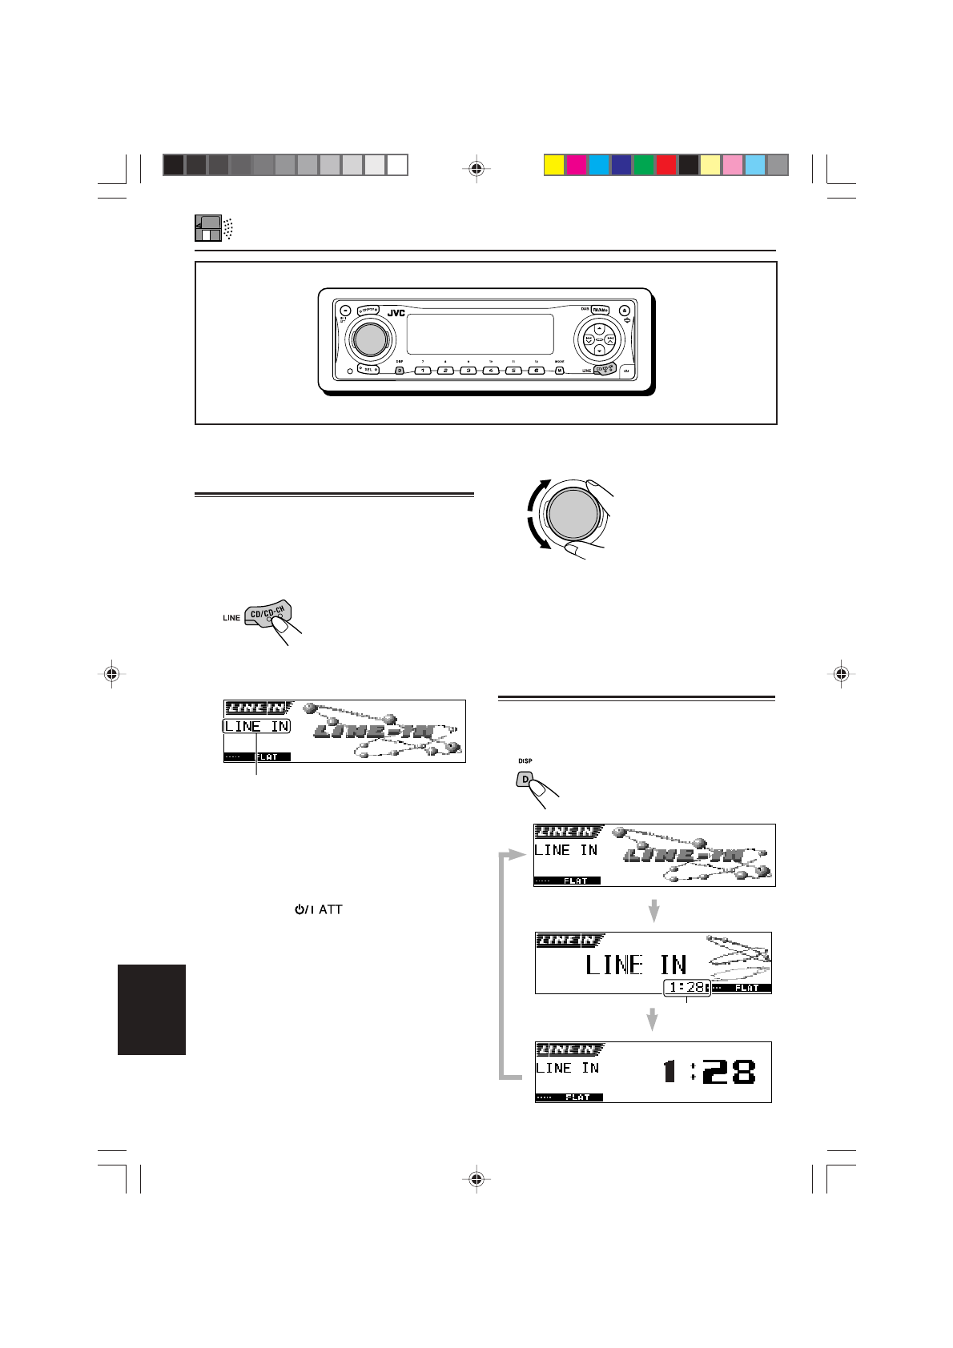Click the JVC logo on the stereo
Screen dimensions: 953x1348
click(396, 312)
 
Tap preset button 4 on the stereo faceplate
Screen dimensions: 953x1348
click(490, 371)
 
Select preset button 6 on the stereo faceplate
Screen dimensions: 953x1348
click(536, 371)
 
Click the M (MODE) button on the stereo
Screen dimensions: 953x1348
click(560, 370)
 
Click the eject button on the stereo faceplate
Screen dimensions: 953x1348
click(623, 310)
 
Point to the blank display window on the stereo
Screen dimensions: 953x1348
click(480, 334)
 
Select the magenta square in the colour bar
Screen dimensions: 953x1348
click(576, 165)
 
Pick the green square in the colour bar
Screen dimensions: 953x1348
click(643, 165)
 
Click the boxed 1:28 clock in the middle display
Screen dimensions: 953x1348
click(686, 988)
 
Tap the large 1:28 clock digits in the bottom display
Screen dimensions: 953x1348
click(710, 1071)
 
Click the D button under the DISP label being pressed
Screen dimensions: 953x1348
click(525, 779)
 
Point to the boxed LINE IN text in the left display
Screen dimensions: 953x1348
click(256, 727)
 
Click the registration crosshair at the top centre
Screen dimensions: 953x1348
click(476, 168)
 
